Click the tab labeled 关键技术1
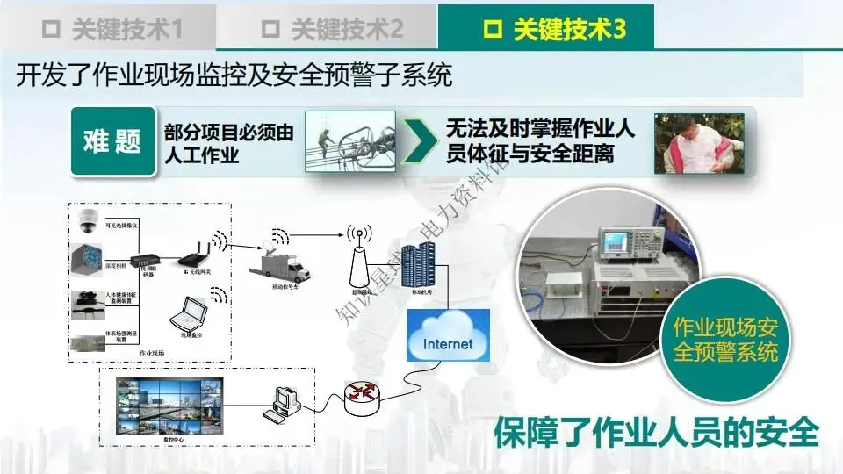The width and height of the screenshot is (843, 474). coord(112,29)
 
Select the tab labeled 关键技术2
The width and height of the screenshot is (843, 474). coord(332,29)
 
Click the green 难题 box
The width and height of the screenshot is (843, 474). coord(112,140)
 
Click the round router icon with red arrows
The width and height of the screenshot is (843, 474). coord(363,399)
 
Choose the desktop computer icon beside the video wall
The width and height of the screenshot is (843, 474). coord(284,403)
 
